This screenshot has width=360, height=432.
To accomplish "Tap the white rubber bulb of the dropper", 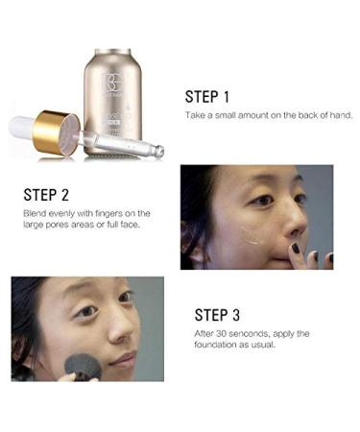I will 22,125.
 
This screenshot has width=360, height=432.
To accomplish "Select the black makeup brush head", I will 84,368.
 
